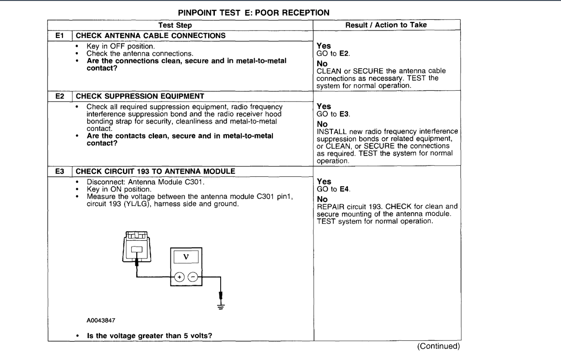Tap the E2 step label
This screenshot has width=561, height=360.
point(56,98)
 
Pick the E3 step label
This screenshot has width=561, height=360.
point(56,170)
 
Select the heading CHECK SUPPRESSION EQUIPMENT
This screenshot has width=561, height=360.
point(132,98)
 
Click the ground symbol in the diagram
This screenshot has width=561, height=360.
point(220,302)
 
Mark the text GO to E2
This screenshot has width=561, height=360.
point(328,52)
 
